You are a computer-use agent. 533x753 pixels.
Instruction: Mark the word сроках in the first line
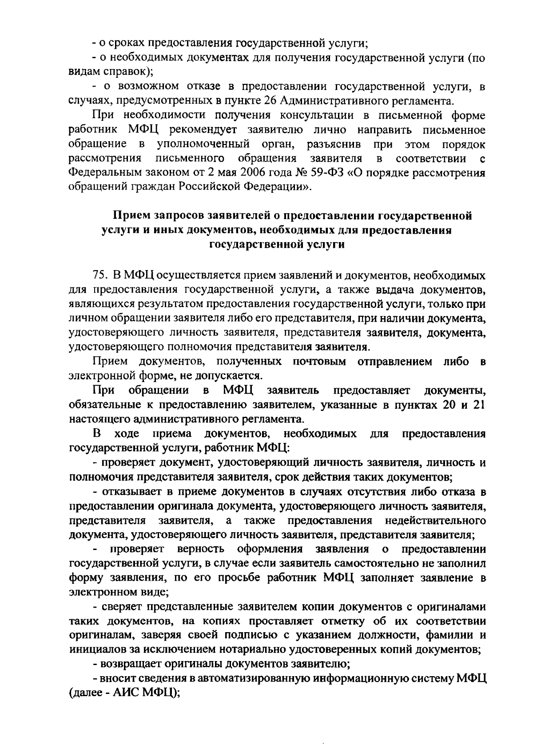coord(127,44)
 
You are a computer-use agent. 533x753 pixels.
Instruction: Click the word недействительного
coord(435,520)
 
